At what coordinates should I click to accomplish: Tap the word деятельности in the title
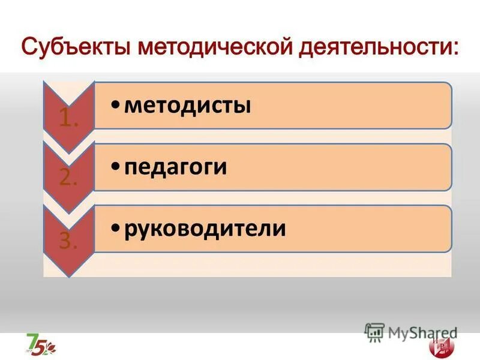tap(374, 47)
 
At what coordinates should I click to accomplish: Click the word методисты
tap(187, 106)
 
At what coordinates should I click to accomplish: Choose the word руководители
tap(205, 229)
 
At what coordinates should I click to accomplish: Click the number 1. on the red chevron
tap(68, 119)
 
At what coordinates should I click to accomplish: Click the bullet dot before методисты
tap(115, 107)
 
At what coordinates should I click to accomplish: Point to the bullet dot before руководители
tap(115, 229)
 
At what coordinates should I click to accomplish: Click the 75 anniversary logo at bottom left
tap(41, 343)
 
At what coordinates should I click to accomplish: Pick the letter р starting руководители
tap(131, 230)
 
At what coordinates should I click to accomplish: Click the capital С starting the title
tap(30, 47)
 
